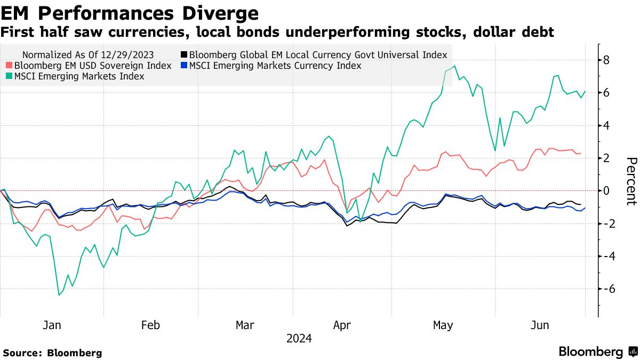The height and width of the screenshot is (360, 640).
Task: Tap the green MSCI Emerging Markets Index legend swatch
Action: click(9, 77)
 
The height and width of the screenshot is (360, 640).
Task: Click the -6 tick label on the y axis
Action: click(607, 289)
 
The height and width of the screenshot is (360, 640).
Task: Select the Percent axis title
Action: click(631, 181)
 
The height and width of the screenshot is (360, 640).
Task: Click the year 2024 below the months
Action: click(299, 338)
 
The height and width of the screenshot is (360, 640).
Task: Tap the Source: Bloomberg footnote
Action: click(52, 353)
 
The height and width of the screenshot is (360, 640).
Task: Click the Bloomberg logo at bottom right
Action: click(597, 351)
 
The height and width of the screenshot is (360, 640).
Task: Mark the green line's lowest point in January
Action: click(59, 295)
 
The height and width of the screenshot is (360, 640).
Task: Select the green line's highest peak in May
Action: click(454, 66)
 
